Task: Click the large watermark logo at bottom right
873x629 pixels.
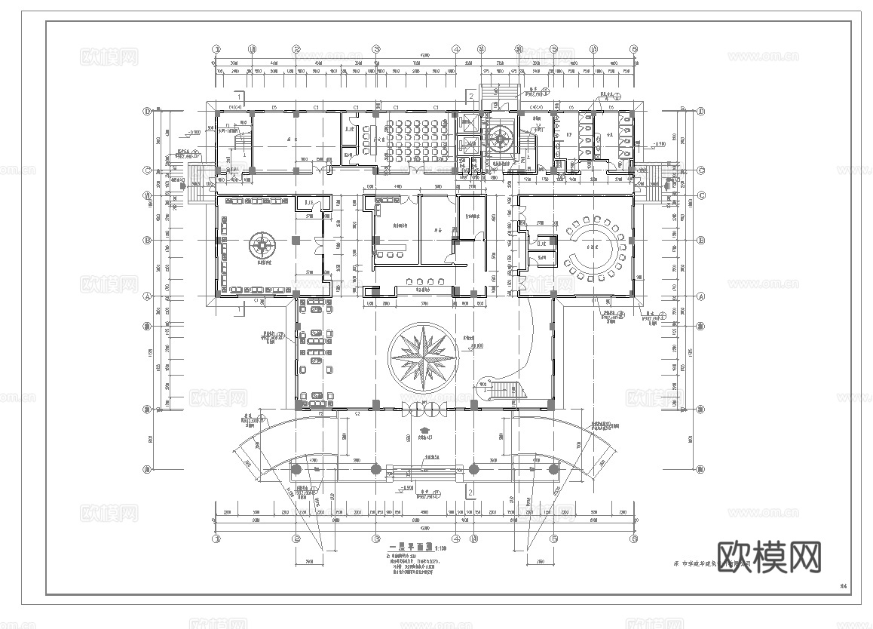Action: pyautogui.click(x=769, y=557)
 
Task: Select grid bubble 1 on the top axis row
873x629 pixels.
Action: pyautogui.click(x=217, y=49)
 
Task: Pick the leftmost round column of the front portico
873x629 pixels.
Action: pyautogui.click(x=296, y=469)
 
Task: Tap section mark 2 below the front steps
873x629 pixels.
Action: pyautogui.click(x=470, y=492)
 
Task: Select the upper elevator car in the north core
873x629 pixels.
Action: pyautogui.click(x=465, y=124)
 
